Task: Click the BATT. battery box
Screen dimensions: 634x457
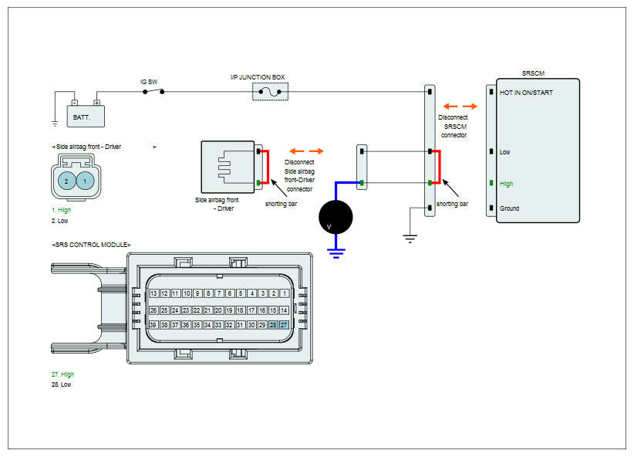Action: tap(86, 116)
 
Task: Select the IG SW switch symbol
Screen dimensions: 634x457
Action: tap(153, 92)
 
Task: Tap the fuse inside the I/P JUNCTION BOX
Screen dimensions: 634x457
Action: tap(270, 92)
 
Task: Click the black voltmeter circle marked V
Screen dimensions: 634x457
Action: tap(336, 217)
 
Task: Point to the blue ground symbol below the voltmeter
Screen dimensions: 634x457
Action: tap(336, 253)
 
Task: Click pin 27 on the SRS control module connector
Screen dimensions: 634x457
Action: tap(285, 325)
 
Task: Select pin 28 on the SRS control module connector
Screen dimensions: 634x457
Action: tap(273, 325)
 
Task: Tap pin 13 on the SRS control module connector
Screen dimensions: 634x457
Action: tap(153, 293)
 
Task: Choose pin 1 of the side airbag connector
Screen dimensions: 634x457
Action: tap(85, 181)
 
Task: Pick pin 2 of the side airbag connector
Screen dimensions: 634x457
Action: tap(66, 181)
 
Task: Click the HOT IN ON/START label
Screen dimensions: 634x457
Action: tap(526, 93)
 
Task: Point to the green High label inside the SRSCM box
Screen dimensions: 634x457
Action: tap(506, 184)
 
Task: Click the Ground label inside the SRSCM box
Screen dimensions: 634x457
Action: tap(510, 208)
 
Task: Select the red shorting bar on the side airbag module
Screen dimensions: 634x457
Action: tap(266, 168)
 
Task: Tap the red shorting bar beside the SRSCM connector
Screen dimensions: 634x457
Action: tap(438, 168)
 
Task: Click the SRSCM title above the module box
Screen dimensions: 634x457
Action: tap(533, 73)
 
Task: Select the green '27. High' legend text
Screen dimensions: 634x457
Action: tap(62, 374)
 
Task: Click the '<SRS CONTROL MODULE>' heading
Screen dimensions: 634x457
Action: tap(91, 245)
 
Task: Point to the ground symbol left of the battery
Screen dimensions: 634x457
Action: tap(55, 124)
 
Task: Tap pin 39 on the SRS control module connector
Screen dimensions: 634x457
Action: tap(153, 325)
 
